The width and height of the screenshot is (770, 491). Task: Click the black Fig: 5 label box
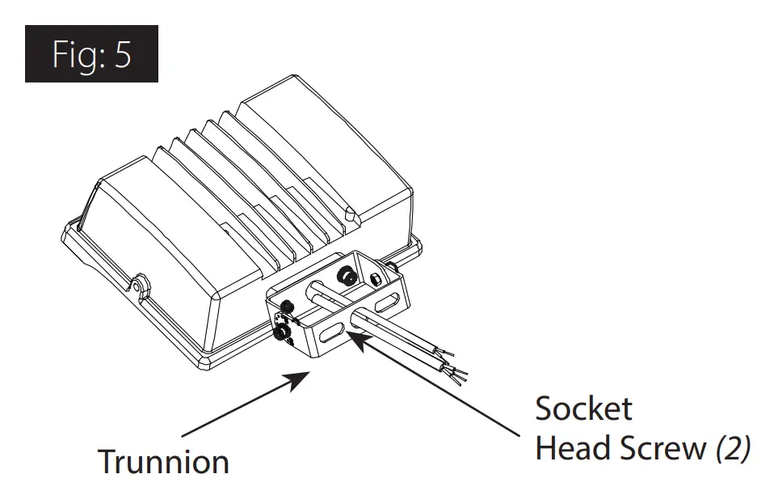coord(91,54)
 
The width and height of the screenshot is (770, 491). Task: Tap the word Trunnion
coord(163,462)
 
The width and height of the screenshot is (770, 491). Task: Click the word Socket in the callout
coord(583,408)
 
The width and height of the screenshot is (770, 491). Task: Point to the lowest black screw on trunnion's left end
coord(284,332)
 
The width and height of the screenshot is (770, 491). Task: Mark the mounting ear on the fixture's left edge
coord(142,286)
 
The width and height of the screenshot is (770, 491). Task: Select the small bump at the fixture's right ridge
coord(350,214)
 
